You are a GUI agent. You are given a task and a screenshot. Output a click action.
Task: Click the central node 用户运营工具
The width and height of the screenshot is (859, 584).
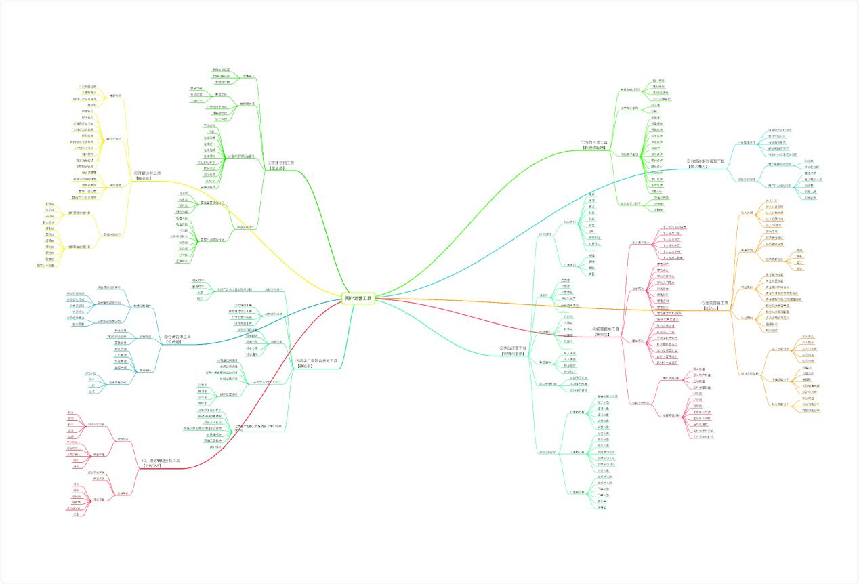point(358,297)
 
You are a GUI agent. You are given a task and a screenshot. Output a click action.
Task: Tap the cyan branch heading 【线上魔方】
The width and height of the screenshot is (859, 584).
point(707,166)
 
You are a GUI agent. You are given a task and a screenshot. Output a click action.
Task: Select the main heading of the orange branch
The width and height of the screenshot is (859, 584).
point(714,305)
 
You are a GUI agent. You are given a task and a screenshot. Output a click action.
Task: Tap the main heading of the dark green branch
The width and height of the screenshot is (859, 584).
point(280,163)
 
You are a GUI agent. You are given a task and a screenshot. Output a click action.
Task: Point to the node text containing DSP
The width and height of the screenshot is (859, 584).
point(215,447)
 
